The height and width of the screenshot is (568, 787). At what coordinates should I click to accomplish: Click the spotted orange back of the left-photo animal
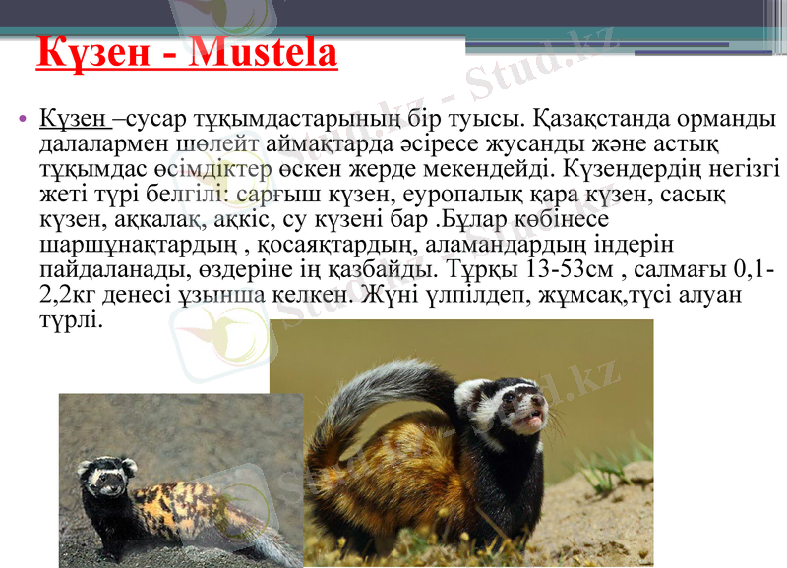click(187, 501)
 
